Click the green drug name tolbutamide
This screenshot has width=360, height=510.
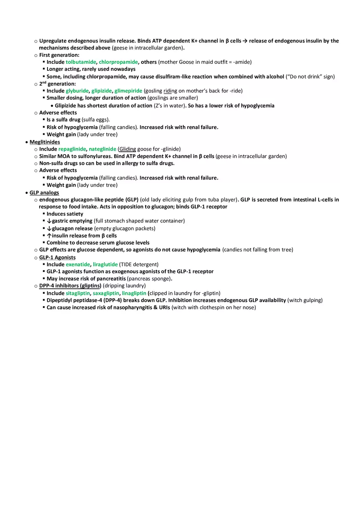[81, 62]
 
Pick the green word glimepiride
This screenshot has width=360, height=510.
[128, 91]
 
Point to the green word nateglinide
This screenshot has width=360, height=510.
[102, 149]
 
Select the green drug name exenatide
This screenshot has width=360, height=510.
[78, 265]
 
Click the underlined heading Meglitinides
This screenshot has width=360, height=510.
[45, 142]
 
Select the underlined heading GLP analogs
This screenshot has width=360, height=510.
[44, 193]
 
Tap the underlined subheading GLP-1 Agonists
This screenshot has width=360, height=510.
[57, 258]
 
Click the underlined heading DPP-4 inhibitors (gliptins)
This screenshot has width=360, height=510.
[70, 286]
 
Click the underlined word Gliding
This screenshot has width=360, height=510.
[128, 149]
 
